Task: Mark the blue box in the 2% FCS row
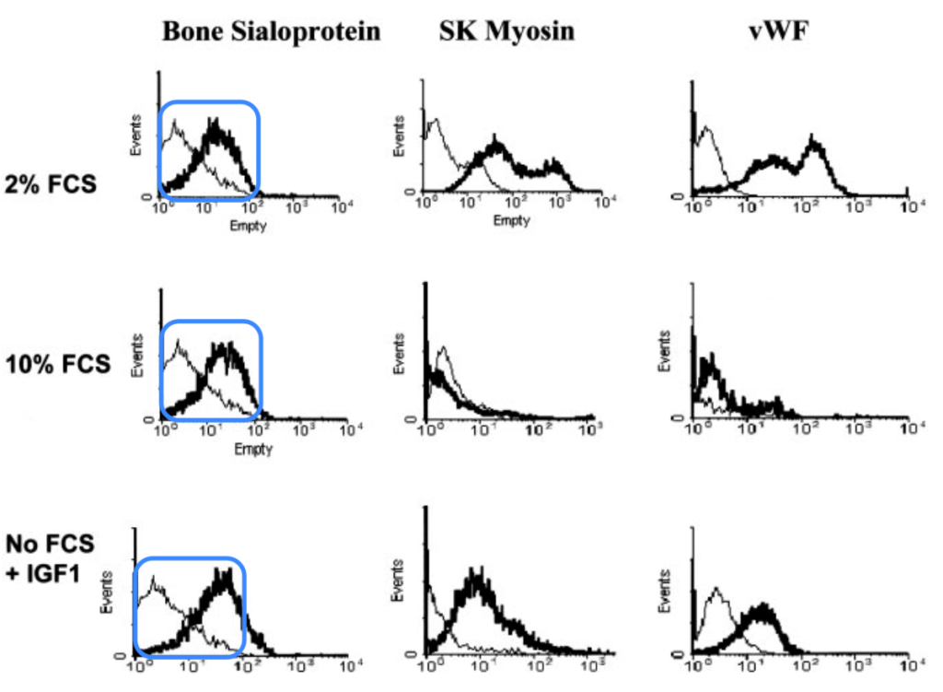pyautogui.click(x=209, y=148)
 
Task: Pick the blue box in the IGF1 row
pyautogui.click(x=191, y=604)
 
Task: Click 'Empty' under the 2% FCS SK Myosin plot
pyautogui.click(x=511, y=222)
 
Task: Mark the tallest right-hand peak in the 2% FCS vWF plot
pyautogui.click(x=814, y=140)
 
